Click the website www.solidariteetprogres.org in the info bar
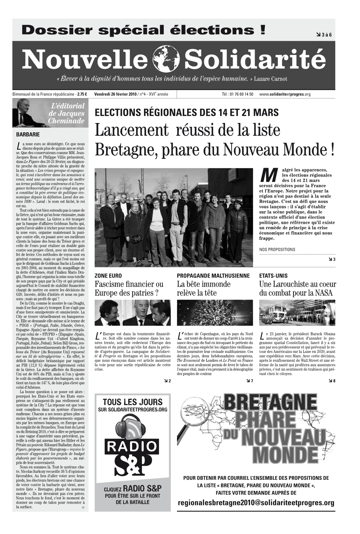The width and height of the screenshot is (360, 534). pyautogui.click(x=285, y=94)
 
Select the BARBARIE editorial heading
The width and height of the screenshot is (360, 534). pyautogui.click(x=28, y=134)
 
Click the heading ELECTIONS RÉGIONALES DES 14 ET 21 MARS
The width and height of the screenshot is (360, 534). pyautogui.click(x=187, y=113)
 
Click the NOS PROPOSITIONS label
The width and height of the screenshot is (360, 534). pyautogui.click(x=277, y=250)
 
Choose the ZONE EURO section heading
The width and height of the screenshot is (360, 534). pyautogui.click(x=108, y=276)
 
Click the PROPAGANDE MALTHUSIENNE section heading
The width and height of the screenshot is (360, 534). pyautogui.click(x=213, y=276)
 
